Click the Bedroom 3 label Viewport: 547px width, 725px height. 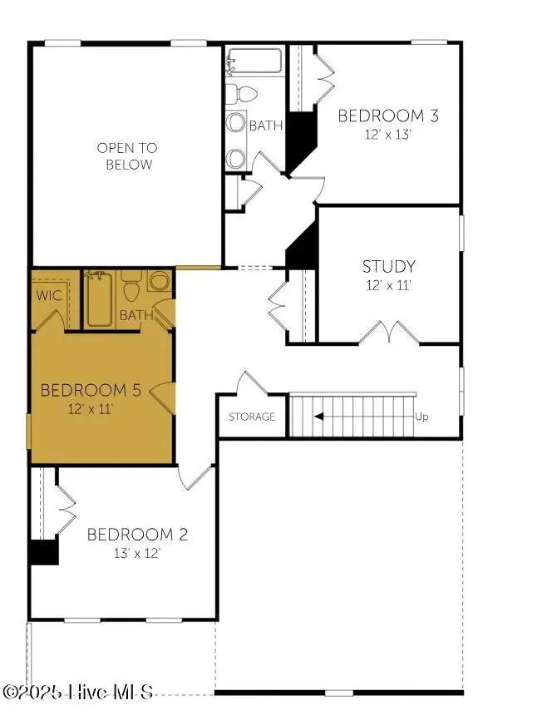(388, 116)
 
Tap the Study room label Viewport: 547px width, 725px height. (388, 267)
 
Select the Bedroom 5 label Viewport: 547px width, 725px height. (91, 390)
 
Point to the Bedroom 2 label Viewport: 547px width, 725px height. (137, 535)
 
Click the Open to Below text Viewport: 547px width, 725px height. (127, 156)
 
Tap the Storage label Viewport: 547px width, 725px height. (252, 417)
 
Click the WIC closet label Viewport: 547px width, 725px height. (48, 295)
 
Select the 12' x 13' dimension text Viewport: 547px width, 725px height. (388, 135)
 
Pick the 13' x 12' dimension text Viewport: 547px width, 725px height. (137, 553)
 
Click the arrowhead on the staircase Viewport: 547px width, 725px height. (318, 417)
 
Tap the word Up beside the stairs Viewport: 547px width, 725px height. (421, 417)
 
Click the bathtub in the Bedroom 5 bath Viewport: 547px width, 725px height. (98, 298)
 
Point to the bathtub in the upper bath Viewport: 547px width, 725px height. (254, 61)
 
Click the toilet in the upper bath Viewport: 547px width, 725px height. (241, 94)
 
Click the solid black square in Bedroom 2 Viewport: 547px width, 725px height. (44, 552)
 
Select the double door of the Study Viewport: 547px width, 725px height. (389, 332)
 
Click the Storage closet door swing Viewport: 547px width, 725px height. (252, 382)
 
